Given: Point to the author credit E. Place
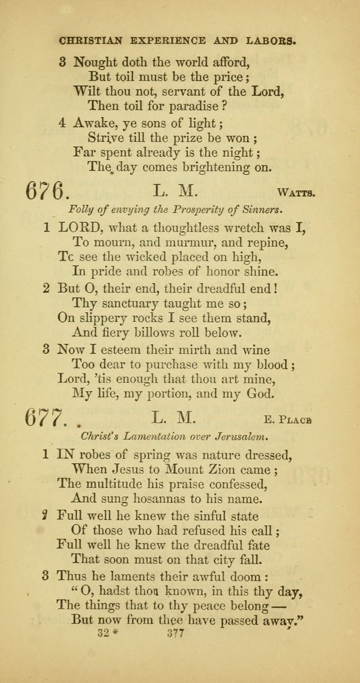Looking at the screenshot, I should click(x=294, y=419).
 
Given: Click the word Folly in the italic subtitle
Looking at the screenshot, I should click(x=80, y=210).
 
